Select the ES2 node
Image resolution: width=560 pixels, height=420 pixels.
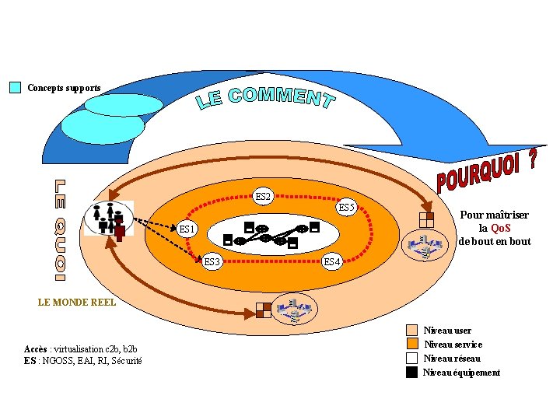tap(264, 197)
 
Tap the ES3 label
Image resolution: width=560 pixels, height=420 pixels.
tap(212, 261)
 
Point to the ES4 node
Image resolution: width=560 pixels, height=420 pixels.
tap(332, 261)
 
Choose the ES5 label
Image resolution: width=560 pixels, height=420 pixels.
tap(347, 208)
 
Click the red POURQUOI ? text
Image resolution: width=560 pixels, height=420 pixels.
tap(487, 170)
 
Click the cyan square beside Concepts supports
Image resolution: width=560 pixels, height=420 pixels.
tap(15, 88)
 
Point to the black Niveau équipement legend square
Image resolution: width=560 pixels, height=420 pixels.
tap(412, 373)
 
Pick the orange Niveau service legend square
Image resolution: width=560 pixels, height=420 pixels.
tap(412, 345)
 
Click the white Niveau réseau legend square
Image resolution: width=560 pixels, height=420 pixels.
tap(412, 359)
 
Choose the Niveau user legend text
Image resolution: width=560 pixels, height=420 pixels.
tap(447, 331)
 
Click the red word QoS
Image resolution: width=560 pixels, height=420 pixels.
tap(501, 228)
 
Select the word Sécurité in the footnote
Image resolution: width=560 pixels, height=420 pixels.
tap(126, 360)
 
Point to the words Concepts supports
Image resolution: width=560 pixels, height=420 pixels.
tap(64, 88)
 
